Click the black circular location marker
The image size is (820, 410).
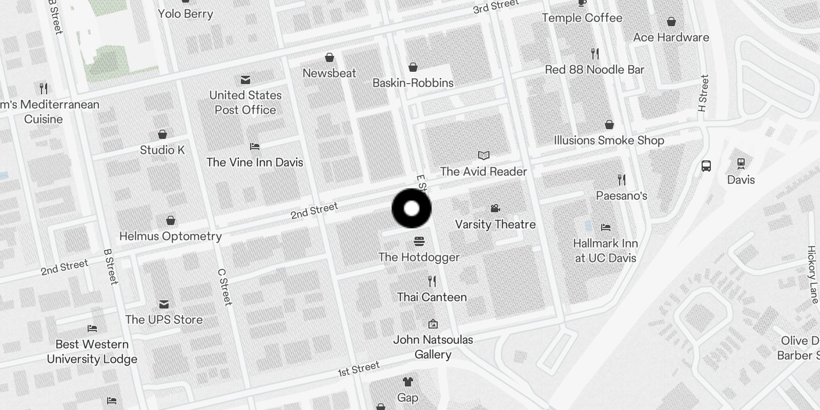(412, 209)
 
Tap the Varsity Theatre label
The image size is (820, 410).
(495, 224)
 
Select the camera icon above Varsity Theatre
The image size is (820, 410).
(495, 208)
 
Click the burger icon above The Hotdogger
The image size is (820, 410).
(419, 241)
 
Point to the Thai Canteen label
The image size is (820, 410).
(432, 297)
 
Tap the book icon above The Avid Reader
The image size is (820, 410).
(483, 155)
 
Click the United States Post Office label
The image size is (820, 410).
(245, 102)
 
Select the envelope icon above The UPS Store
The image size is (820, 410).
(164, 304)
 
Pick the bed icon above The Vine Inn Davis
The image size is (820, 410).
(255, 147)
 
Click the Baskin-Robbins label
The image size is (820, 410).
(413, 83)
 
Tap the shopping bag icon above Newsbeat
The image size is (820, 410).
(330, 57)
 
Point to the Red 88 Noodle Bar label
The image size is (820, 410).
(594, 70)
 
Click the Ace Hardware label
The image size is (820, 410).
(671, 37)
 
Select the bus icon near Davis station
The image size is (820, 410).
(706, 166)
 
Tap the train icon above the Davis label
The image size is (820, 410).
(741, 163)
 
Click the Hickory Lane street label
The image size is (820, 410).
(812, 274)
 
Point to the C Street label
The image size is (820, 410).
(225, 287)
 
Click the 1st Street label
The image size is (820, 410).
(359, 368)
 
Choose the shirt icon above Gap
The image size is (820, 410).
(407, 381)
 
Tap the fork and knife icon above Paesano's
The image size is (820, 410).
(622, 179)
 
